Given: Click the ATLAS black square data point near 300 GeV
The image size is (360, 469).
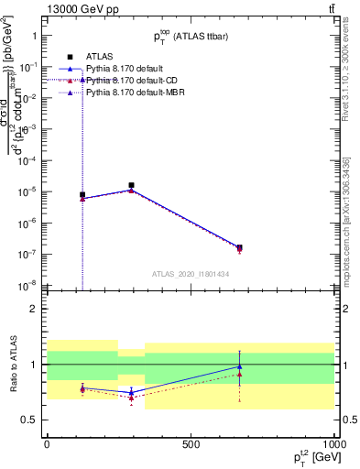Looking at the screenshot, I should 132,185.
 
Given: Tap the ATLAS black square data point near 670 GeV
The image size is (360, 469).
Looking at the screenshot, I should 239,247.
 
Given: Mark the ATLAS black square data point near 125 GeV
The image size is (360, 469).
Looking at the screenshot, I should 82,195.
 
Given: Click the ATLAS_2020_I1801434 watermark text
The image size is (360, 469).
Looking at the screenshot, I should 191,274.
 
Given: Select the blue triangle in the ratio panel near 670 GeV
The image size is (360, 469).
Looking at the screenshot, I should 239,366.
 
